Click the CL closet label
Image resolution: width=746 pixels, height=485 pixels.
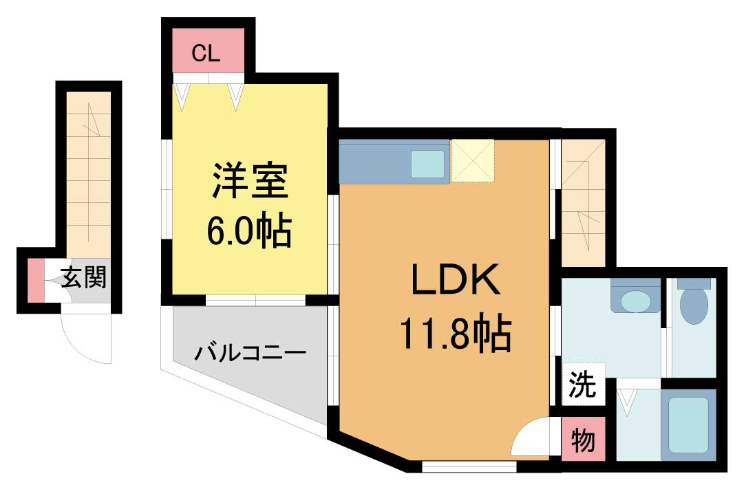[x=206, y=53]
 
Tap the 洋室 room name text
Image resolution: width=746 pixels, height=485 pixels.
[x=251, y=181]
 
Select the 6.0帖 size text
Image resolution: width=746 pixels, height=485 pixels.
[x=249, y=230]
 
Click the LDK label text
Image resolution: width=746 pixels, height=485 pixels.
[x=456, y=279]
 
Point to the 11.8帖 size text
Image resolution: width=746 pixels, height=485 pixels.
[x=456, y=333]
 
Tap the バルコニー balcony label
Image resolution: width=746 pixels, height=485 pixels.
[x=250, y=354]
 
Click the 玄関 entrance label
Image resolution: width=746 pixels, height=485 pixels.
[x=84, y=277]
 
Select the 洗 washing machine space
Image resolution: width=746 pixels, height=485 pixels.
[x=584, y=384]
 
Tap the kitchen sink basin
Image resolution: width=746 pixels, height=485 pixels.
[x=428, y=164]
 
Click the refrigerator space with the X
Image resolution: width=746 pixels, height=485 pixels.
[x=472, y=161]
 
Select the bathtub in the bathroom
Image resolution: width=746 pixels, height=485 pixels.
[x=688, y=424]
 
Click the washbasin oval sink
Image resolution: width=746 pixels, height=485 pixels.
[x=636, y=301]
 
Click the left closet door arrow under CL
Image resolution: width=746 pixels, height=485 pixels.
[x=181, y=97]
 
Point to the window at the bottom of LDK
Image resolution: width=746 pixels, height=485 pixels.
[x=469, y=466]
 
